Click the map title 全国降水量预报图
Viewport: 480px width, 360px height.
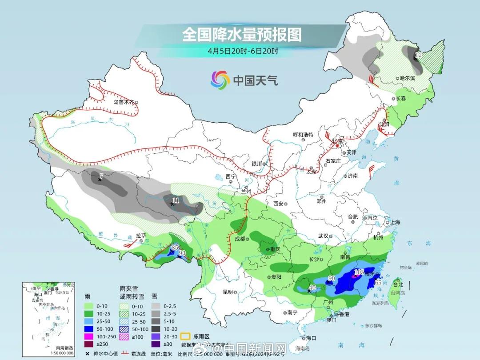[x=242, y=35]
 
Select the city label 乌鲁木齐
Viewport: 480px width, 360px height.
[x=123, y=102]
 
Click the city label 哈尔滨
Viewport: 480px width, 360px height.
[x=406, y=78]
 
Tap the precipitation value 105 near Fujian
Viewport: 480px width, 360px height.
[x=360, y=272]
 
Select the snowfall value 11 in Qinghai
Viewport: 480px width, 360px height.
[x=176, y=201]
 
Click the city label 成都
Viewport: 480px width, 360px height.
[x=240, y=239]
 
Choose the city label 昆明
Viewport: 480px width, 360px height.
[x=228, y=292]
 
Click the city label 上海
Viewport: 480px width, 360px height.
[x=395, y=222]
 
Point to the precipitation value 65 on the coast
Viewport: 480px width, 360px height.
[x=378, y=283]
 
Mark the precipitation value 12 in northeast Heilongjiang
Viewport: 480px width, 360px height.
[x=418, y=55]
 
